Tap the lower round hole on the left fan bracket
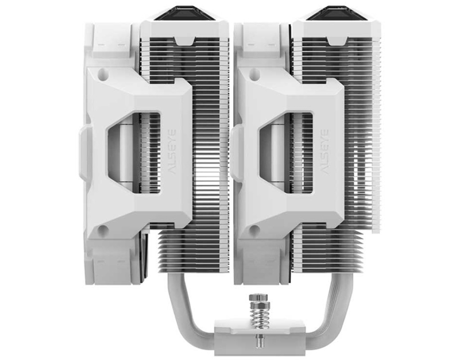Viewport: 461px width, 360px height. (x=102, y=230)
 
